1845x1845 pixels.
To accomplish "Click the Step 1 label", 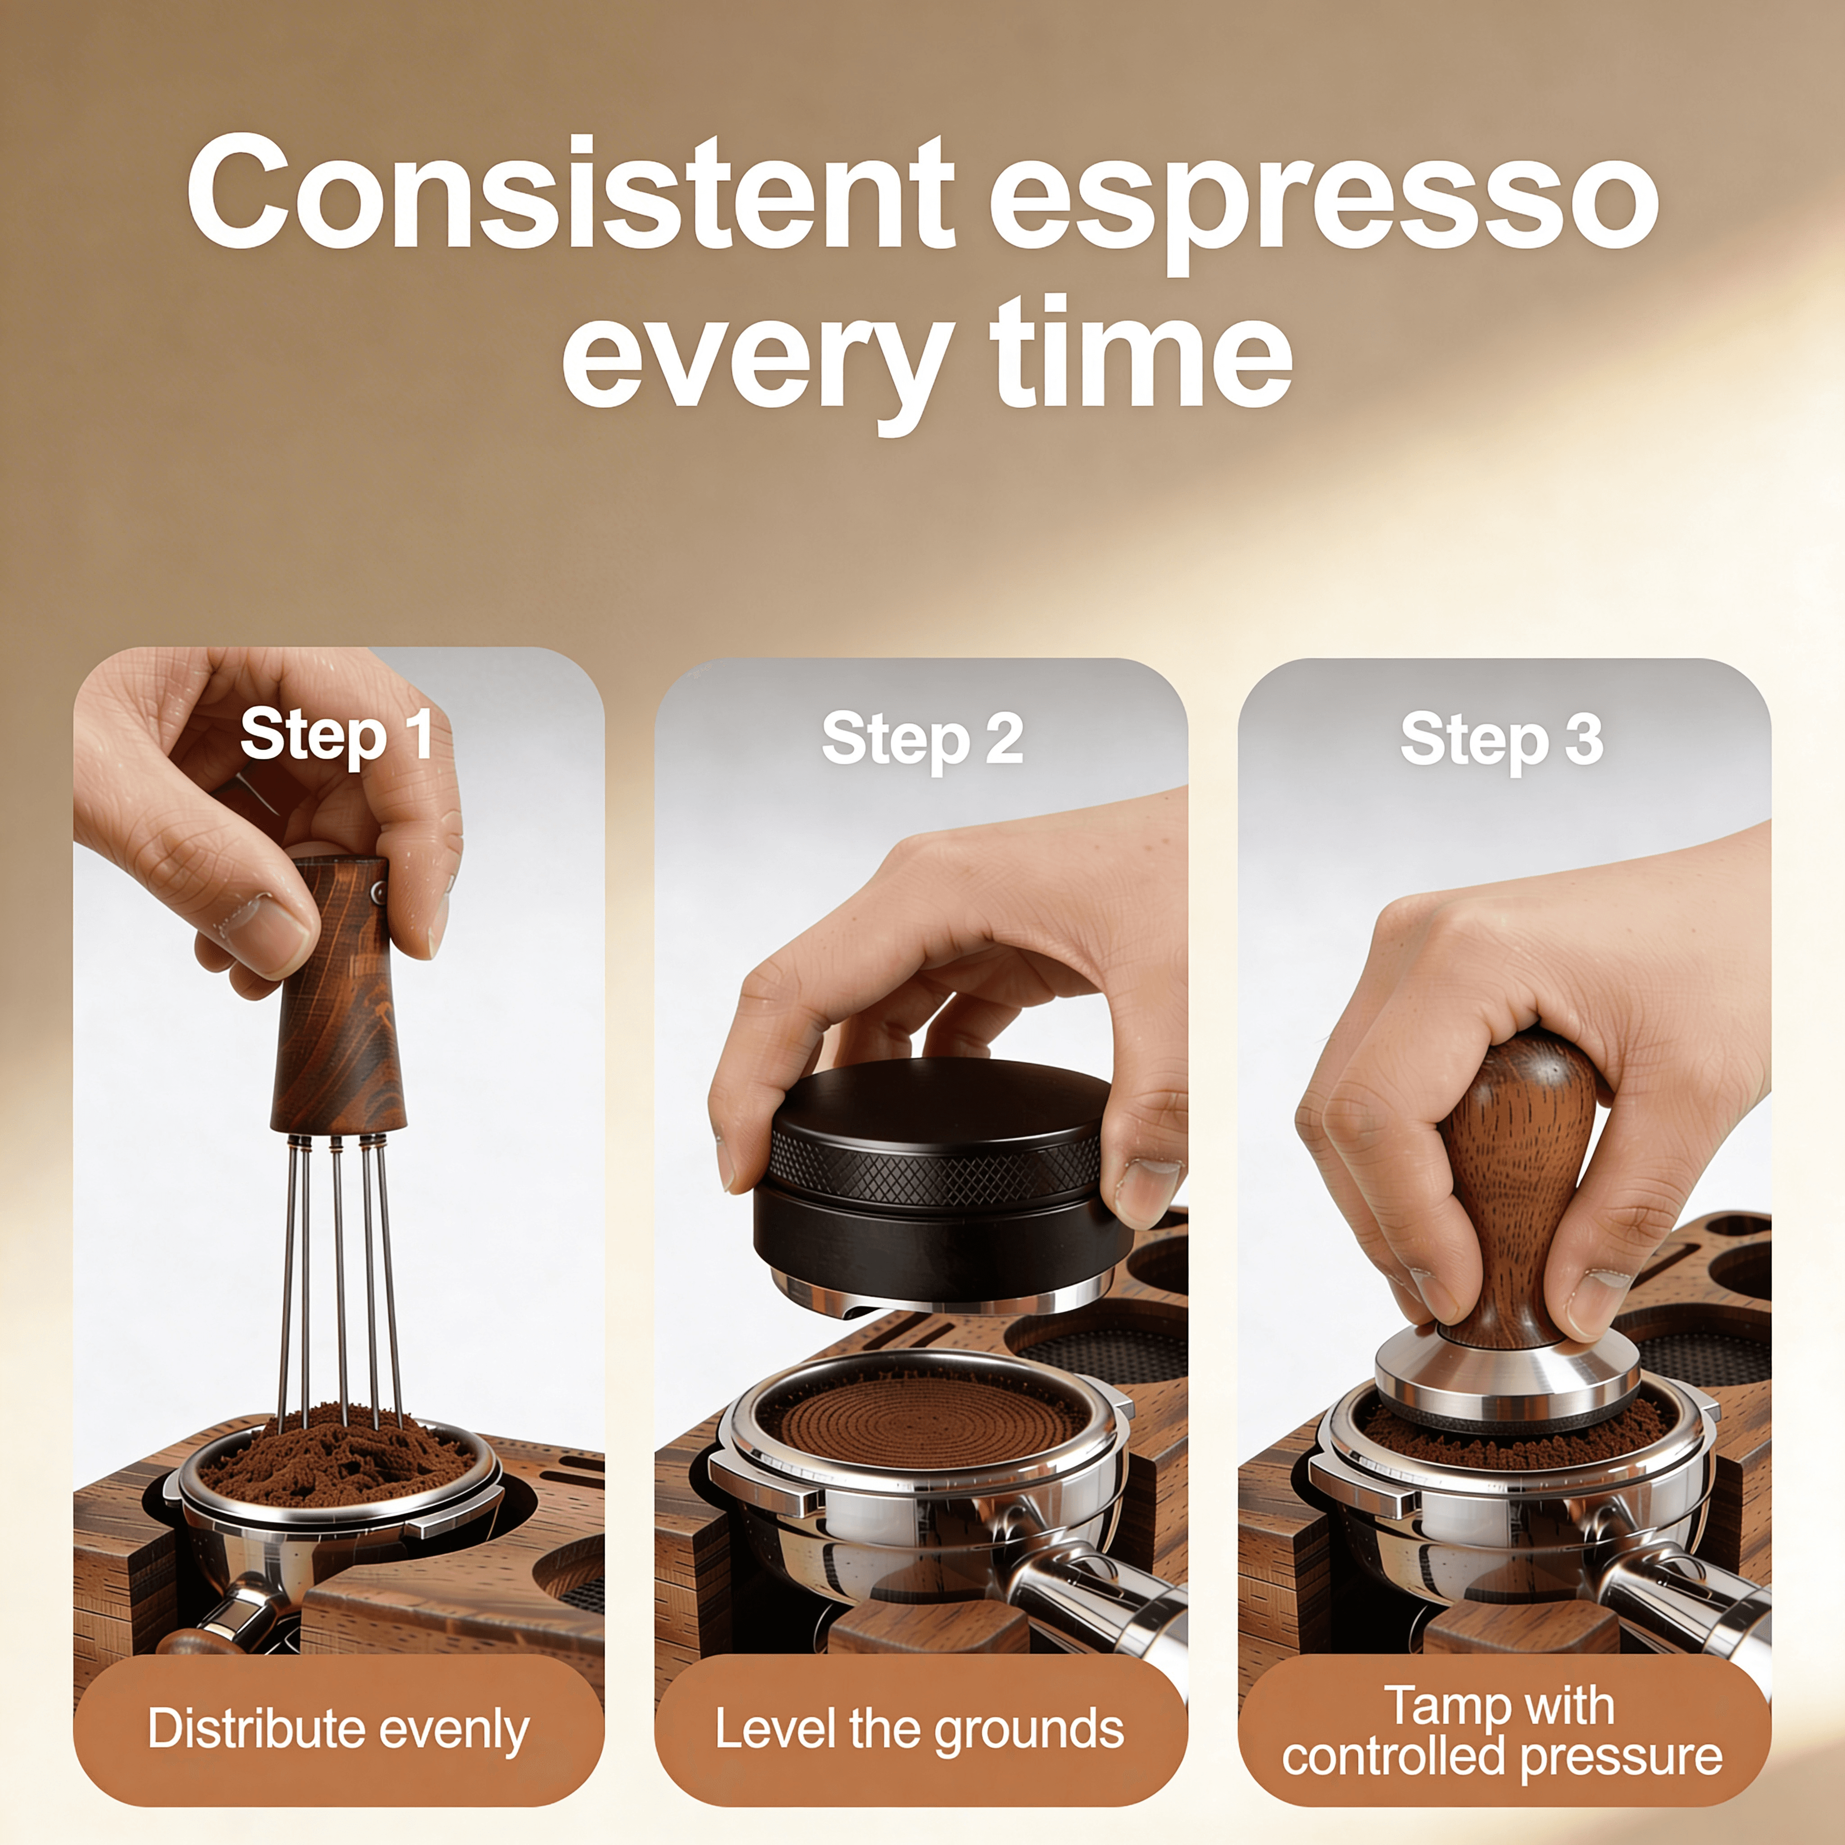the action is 336,735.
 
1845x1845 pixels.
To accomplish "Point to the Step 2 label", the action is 922,739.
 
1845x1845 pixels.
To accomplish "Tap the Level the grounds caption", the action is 920,1730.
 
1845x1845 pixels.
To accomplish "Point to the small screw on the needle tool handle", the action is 378,892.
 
